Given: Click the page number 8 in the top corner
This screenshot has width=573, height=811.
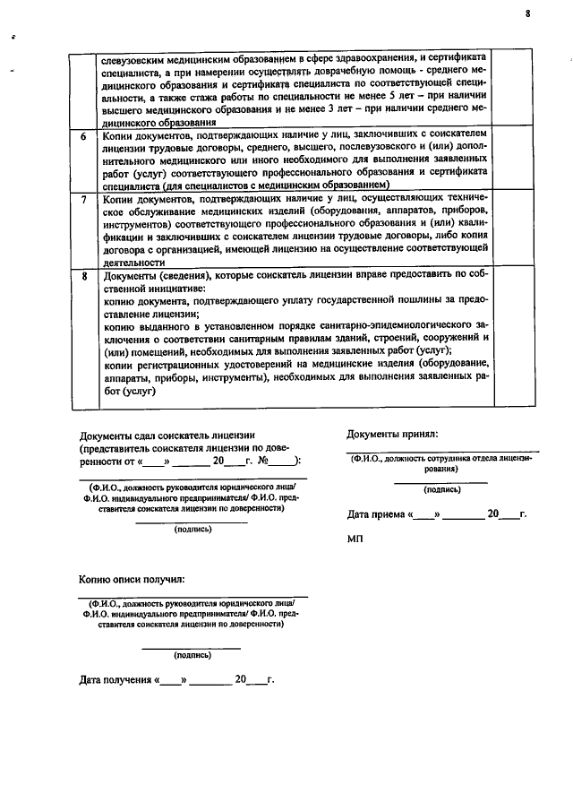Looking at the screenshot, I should [x=528, y=13].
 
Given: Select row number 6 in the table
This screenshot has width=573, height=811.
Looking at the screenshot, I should [x=83, y=137].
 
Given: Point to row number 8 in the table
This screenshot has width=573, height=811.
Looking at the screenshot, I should [x=83, y=277].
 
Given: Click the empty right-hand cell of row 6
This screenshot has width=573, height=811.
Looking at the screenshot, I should [x=513, y=160].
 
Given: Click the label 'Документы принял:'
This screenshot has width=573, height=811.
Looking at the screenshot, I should [x=392, y=435].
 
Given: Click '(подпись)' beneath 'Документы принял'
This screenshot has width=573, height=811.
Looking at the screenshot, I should [x=442, y=490].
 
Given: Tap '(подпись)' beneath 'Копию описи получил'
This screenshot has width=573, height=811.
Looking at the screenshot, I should [x=192, y=655].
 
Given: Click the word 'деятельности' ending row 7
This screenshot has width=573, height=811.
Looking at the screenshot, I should [x=133, y=263].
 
